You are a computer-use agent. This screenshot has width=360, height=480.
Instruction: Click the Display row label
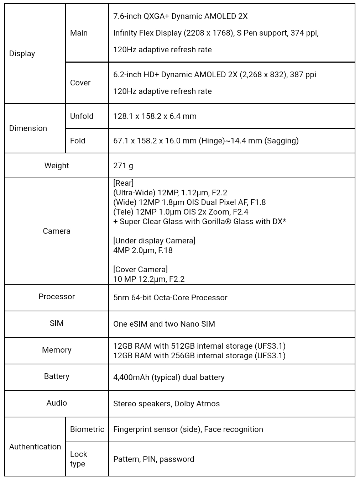coord(22,54)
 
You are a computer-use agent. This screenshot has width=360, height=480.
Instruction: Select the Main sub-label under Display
coord(79,33)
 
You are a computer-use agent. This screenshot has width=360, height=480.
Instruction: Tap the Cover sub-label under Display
coord(80,83)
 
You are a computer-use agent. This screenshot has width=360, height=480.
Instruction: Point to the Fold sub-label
coord(78,141)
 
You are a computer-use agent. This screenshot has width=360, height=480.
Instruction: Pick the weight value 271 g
coord(123,166)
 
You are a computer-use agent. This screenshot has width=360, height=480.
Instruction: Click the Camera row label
coord(57,231)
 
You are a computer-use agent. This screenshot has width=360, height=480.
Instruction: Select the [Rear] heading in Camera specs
coord(123,183)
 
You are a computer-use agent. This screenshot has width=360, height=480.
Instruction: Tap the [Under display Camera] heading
coord(154,241)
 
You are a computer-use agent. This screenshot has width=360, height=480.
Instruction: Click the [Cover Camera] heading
coord(140,270)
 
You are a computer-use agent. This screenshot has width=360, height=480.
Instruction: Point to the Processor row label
coord(57,297)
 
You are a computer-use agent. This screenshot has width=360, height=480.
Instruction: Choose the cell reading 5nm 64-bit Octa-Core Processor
coord(170,298)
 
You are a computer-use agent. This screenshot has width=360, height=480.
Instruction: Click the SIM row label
coord(57,323)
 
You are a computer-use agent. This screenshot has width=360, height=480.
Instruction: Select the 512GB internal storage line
coord(199,346)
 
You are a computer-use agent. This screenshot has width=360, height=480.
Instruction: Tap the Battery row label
coord(57,376)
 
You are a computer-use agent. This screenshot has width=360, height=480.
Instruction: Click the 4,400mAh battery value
coord(169,378)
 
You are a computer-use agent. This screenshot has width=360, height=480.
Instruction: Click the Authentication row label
coord(35,447)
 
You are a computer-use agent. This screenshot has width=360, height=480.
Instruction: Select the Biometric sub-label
coord(87,429)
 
